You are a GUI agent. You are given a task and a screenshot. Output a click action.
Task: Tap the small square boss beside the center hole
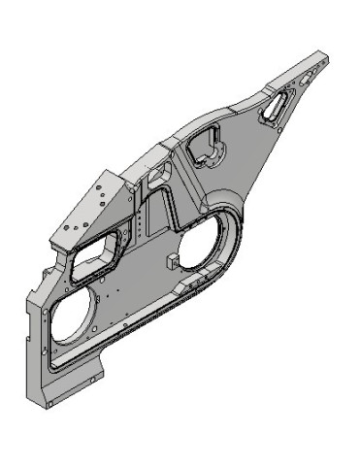[x=171, y=260]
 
